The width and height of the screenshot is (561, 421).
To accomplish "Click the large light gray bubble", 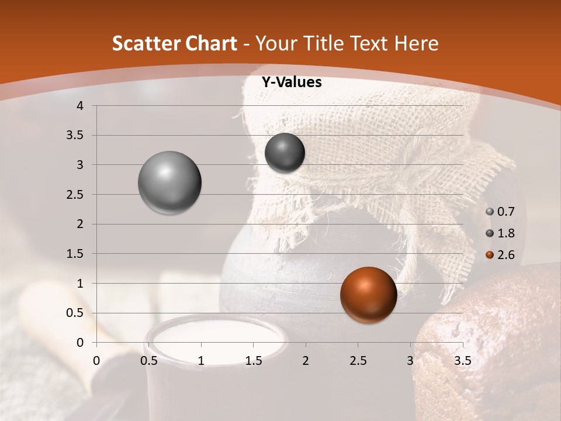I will [x=170, y=182].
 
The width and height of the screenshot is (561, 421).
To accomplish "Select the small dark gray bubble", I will [x=285, y=153].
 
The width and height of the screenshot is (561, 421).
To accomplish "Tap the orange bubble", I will [x=368, y=294].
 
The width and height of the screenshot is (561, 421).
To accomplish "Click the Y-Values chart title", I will [x=292, y=82].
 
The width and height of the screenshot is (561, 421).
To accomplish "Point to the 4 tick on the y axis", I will [x=80, y=106].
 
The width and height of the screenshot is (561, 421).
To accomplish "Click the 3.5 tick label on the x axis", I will [x=462, y=360].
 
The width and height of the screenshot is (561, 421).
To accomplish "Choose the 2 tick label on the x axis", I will [x=306, y=360].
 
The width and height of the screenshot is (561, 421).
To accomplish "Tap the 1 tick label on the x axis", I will [x=202, y=360].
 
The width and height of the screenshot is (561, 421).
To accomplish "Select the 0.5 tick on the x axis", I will [x=149, y=360].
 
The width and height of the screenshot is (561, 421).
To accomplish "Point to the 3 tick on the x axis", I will [x=410, y=360].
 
